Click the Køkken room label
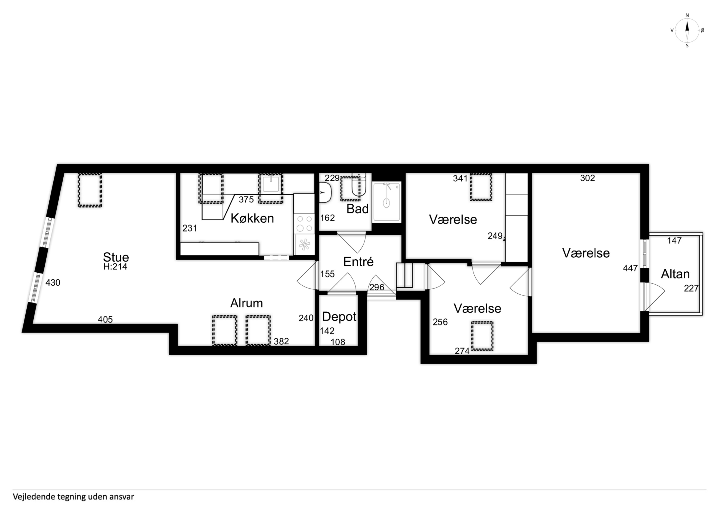coord(252,218)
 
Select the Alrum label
coord(247,303)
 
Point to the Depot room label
coord(339,317)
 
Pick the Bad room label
coord(357,209)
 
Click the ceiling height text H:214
coord(115,267)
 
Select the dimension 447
coord(630,268)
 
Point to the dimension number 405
coord(105,320)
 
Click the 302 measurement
coord(588,178)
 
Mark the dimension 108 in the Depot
coord(338,342)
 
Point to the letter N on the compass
coord(687,15)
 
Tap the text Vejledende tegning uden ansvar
coord(73,497)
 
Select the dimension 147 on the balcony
coord(674,241)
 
